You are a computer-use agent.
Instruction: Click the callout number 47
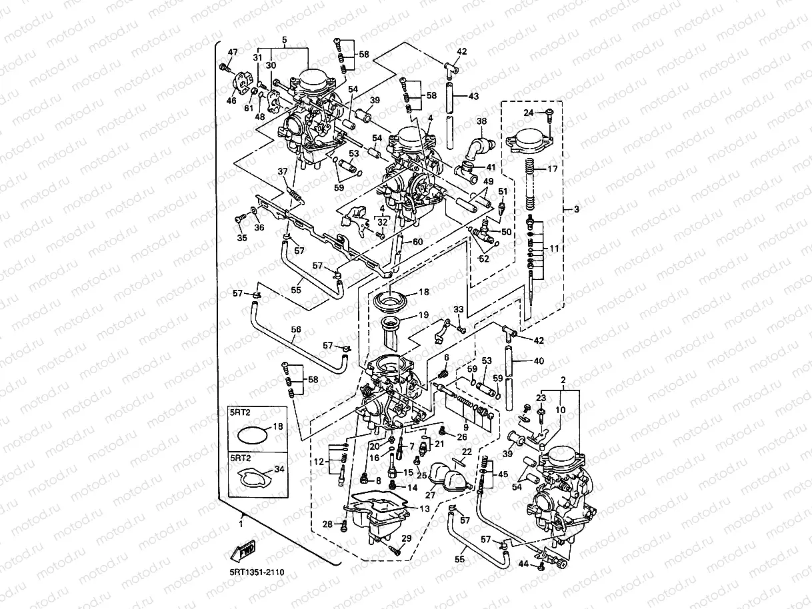coord(233,52)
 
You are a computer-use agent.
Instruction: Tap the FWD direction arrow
coord(243,551)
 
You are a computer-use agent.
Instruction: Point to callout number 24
coord(528,113)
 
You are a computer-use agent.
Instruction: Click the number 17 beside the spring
coord(553,169)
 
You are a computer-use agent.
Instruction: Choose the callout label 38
coord(482,121)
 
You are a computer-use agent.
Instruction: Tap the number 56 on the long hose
coord(296,330)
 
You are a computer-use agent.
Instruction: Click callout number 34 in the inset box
coord(279,469)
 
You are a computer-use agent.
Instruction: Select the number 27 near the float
coord(430,496)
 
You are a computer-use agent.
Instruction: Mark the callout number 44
coord(523,564)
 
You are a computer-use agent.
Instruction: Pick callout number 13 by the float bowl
coord(424,508)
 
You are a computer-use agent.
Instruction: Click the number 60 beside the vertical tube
coord(417,241)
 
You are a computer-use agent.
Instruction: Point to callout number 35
coord(241,238)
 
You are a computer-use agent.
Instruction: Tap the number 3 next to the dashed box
coord(577,210)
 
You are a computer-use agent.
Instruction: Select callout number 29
coord(406,538)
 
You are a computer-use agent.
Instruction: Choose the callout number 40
coord(539,360)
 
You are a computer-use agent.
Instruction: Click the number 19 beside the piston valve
coord(424,314)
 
